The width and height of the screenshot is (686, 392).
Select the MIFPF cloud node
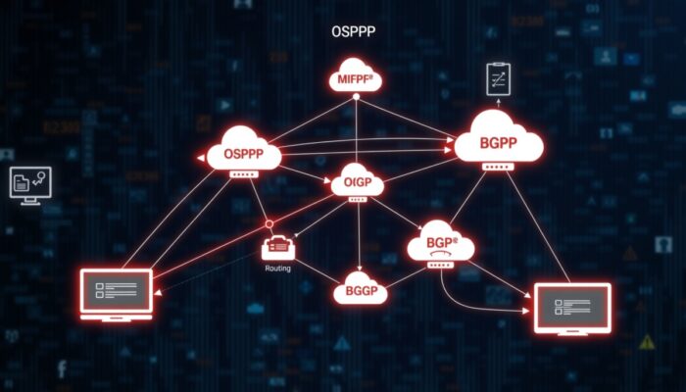[355, 75]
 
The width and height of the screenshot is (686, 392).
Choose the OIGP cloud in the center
[356, 181]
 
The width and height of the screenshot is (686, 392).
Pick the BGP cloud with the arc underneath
[441, 242]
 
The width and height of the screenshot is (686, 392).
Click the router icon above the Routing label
[278, 249]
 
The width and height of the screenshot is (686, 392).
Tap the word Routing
[278, 268]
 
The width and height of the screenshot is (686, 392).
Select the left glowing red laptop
[116, 292]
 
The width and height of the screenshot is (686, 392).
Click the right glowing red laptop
[571, 307]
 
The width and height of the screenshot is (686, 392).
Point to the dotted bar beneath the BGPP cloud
[499, 168]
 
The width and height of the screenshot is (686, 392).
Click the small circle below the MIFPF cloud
[355, 98]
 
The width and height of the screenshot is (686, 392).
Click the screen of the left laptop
[116, 287]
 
